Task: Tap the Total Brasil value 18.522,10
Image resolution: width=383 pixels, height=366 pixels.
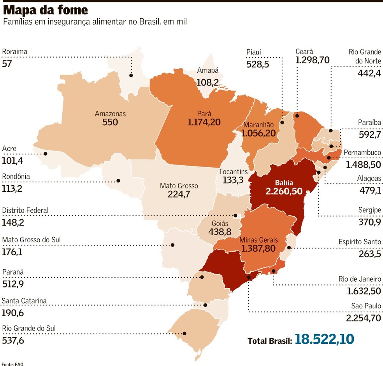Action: click(x=324, y=339)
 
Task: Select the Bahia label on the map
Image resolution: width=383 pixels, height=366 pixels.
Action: click(x=284, y=182)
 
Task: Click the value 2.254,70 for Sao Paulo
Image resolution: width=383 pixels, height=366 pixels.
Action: click(x=364, y=318)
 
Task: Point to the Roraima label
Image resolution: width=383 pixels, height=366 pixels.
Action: click(x=15, y=52)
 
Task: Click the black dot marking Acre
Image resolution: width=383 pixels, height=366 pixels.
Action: click(x=45, y=154)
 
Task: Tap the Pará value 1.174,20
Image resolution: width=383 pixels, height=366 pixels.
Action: click(x=204, y=123)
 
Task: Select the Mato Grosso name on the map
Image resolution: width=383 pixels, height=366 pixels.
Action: click(x=179, y=186)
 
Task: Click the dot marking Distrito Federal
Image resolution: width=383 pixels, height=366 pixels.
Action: click(x=235, y=215)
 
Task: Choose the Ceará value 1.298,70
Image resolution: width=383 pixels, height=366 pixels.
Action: click(x=313, y=60)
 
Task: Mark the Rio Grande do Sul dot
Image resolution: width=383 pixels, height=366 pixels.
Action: click(x=184, y=333)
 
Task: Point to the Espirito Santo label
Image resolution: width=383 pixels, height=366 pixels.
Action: click(x=360, y=242)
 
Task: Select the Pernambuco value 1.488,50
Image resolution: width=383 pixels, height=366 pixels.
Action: click(x=363, y=165)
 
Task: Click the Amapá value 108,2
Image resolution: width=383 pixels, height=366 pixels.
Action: click(x=207, y=82)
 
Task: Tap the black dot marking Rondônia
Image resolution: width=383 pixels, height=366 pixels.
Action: click(x=118, y=181)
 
